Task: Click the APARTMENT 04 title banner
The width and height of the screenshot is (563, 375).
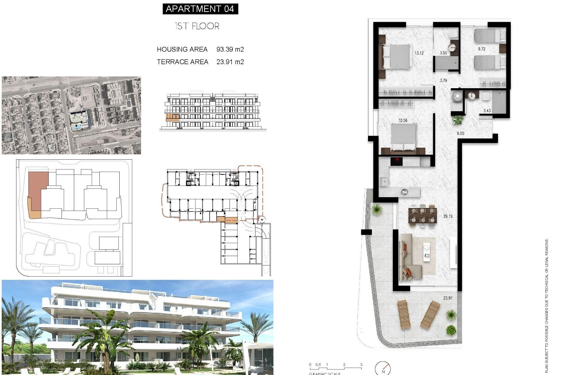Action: pos(200,9)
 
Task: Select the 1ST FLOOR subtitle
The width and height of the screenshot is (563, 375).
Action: pos(197,26)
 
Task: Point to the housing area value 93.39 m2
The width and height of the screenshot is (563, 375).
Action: pos(230,49)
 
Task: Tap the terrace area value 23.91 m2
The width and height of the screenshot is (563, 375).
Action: pos(230,62)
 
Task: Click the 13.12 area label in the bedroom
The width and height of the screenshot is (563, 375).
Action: pos(419,53)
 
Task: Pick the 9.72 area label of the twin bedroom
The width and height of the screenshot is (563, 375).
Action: pos(481,49)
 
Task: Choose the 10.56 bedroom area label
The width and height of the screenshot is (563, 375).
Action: pos(403,120)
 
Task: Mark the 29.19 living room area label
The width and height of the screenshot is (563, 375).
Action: pos(448,216)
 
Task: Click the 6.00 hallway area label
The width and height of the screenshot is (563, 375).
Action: pos(460,133)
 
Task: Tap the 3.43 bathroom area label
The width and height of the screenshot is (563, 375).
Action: pos(487,110)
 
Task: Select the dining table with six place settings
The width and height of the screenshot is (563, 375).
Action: pos(423,215)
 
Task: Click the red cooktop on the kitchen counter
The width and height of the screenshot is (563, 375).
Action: pos(396,161)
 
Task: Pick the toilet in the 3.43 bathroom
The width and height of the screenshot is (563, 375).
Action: pos(457,97)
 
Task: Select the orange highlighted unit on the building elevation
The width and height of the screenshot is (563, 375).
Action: pos(172,117)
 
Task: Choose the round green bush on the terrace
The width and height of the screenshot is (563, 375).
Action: pos(451,330)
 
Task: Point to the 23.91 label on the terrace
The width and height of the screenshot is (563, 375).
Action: pos(447,298)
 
